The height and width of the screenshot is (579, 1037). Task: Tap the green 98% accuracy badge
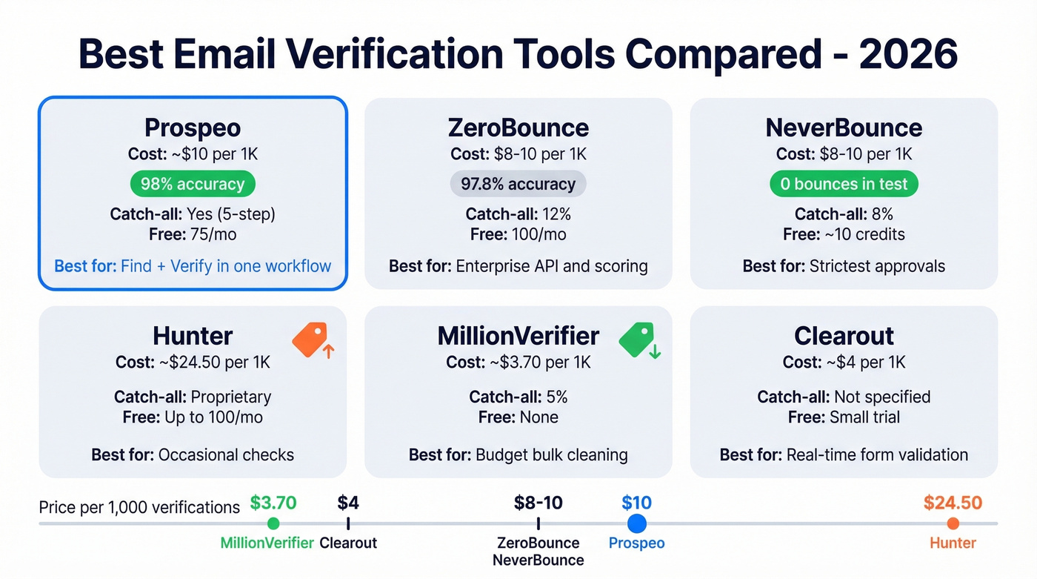[x=193, y=184]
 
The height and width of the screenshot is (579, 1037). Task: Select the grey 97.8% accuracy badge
[x=518, y=184]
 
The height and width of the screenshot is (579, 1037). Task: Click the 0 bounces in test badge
[x=844, y=184]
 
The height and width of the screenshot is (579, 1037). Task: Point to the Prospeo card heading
[x=193, y=128]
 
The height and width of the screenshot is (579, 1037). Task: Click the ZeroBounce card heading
[x=518, y=128]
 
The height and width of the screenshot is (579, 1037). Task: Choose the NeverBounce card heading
[x=844, y=128]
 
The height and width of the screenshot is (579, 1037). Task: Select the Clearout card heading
[x=844, y=336]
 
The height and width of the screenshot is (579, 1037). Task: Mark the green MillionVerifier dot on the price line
[x=273, y=524]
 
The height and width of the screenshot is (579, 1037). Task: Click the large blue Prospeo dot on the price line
[x=636, y=524]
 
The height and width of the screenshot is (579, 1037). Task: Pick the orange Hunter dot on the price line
[x=953, y=524]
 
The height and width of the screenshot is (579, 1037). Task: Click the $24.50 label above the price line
[x=953, y=503]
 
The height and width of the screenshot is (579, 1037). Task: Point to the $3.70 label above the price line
[x=273, y=503]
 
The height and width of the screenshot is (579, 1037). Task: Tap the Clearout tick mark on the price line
[x=348, y=524]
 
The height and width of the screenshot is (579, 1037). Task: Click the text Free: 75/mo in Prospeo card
[x=193, y=234]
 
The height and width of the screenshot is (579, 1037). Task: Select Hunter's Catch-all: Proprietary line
[x=193, y=397]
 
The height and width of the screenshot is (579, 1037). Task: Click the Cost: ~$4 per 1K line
[x=844, y=363]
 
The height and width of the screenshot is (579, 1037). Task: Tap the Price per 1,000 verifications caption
[x=139, y=507]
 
